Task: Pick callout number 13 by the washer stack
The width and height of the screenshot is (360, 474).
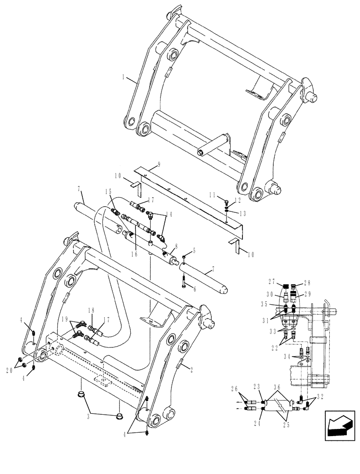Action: point(242,213)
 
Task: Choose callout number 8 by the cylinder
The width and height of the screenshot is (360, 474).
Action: point(176,246)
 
